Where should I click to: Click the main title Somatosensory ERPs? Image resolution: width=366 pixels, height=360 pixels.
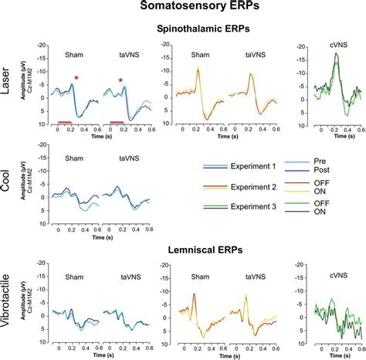(184, 7)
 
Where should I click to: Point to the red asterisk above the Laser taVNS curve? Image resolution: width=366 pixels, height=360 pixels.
(121, 80)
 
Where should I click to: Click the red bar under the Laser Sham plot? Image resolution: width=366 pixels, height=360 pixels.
(65, 122)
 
